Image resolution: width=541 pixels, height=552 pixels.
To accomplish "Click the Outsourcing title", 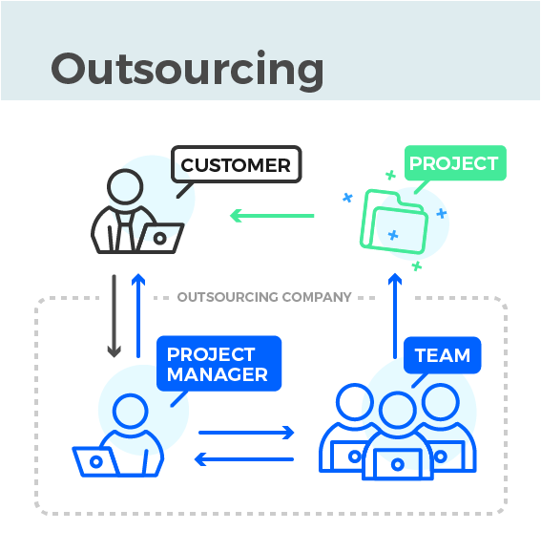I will click(187, 70).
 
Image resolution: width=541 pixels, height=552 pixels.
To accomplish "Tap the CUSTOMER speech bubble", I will click(236, 164).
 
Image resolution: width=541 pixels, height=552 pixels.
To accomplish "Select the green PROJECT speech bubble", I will click(454, 163).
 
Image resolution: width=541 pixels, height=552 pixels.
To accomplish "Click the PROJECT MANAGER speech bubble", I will click(218, 364).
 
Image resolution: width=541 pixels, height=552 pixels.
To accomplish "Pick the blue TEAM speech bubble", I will click(442, 356).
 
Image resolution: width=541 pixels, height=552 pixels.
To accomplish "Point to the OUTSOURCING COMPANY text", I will click(264, 297).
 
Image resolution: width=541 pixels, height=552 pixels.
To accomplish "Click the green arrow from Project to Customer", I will click(273, 216).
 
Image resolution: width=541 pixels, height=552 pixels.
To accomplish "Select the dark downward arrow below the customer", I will click(114, 316).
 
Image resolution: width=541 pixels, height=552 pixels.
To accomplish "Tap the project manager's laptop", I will click(96, 460).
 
